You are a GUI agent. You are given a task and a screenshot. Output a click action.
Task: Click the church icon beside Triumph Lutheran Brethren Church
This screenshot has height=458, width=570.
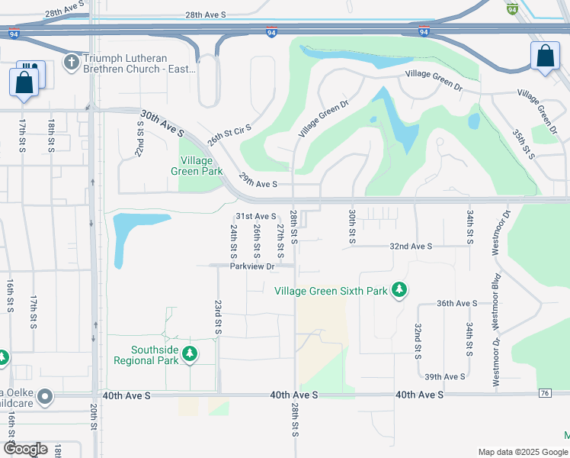click(x=71, y=61)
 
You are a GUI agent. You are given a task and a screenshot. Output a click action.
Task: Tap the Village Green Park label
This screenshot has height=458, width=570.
click(x=202, y=166)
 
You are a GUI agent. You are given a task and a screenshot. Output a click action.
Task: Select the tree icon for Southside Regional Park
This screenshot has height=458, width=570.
click(x=191, y=354)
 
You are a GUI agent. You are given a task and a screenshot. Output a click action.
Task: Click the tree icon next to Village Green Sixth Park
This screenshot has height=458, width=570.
click(x=399, y=290)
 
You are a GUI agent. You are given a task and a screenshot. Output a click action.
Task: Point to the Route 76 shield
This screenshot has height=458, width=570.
click(x=544, y=393)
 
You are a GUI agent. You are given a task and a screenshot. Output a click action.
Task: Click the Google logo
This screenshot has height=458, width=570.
click(x=25, y=449)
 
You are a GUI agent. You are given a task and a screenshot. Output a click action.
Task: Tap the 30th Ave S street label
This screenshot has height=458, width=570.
click(x=162, y=123)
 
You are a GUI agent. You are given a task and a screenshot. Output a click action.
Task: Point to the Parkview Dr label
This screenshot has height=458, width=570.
click(x=254, y=266)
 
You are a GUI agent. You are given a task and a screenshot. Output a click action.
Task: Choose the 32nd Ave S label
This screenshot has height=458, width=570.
click(x=411, y=247)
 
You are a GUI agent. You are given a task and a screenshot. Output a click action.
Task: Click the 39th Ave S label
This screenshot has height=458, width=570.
click(x=445, y=377)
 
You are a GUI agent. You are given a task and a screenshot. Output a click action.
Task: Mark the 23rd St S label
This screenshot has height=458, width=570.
click(x=218, y=318)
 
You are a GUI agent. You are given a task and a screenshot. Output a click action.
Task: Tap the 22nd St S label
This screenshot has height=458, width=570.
click(x=140, y=138)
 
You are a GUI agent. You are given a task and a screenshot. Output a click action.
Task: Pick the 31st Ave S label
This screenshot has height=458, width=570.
click(x=255, y=217)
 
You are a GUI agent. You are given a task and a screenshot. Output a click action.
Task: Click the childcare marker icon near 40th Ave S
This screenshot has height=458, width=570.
click(x=45, y=395)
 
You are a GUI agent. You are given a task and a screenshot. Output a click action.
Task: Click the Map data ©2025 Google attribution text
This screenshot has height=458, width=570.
click(x=522, y=452)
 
